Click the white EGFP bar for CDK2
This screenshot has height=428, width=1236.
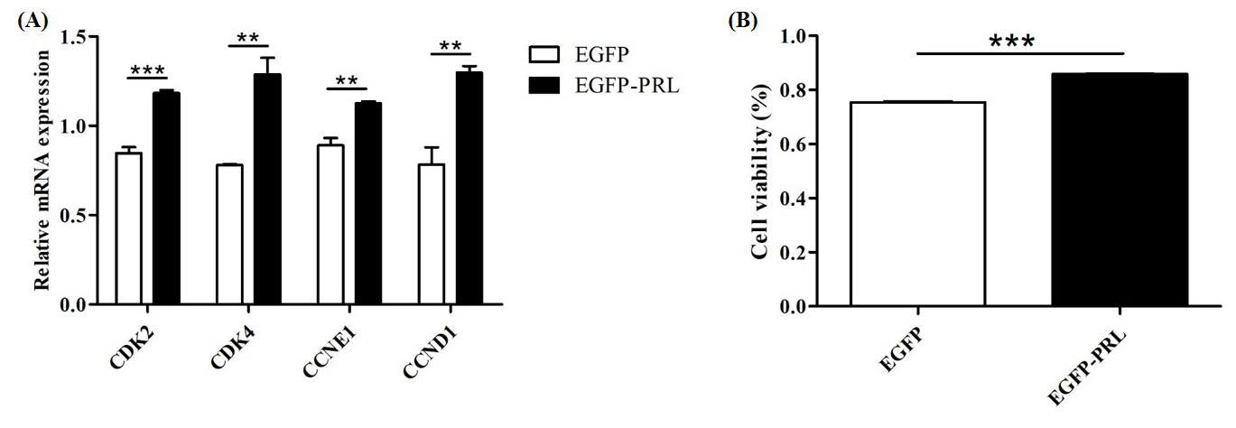click(x=128, y=228)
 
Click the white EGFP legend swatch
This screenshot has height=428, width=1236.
click(x=544, y=56)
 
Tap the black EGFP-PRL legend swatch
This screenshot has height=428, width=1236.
click(x=544, y=86)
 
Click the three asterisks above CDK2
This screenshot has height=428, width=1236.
click(x=148, y=70)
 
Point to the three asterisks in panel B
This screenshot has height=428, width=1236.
click(x=1011, y=42)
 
